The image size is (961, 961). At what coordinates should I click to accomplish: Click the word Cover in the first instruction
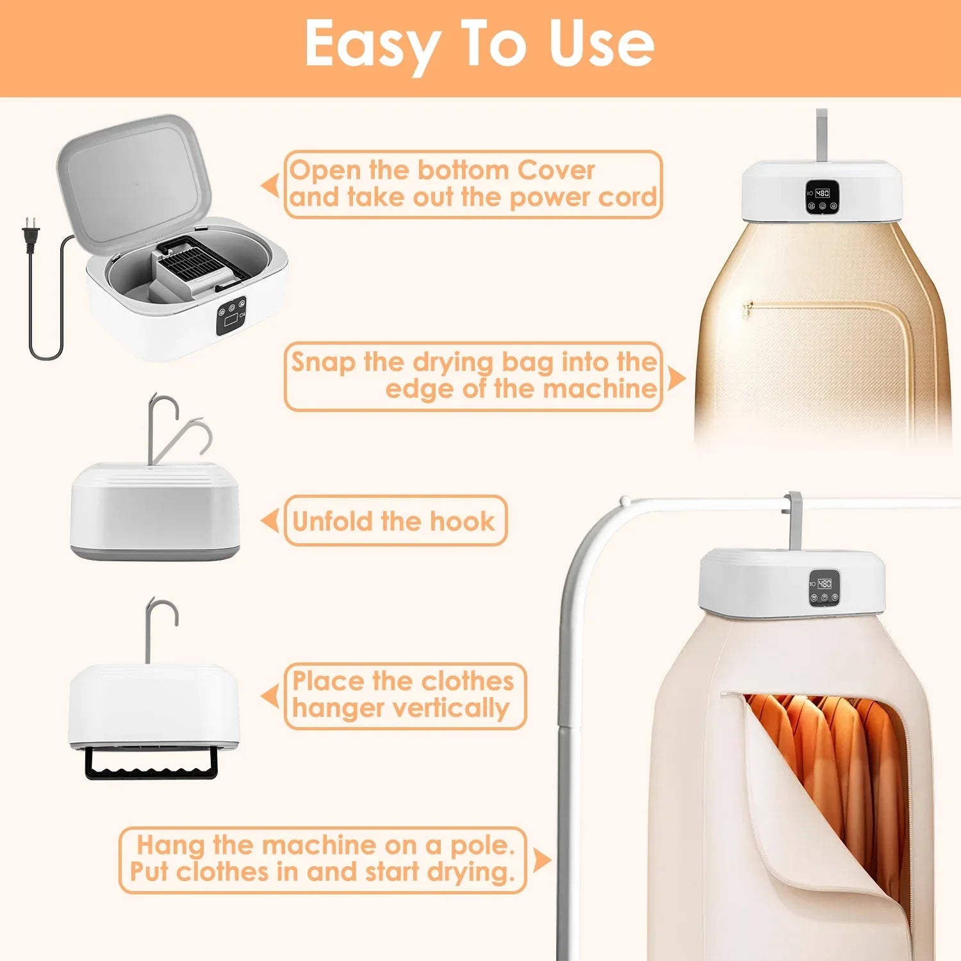(556, 170)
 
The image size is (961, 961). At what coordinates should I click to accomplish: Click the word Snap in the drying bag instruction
(323, 362)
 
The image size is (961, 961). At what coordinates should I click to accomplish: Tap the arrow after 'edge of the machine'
(675, 378)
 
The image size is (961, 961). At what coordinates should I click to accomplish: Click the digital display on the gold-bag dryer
(822, 193)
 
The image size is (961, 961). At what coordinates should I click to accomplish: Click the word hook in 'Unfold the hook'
(462, 522)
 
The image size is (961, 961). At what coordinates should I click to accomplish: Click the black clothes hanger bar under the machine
(151, 764)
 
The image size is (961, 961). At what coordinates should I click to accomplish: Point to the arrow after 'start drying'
(541, 860)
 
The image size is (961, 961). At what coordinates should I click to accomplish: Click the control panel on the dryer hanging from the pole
(824, 587)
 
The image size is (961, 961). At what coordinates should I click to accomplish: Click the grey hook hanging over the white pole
(794, 519)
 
